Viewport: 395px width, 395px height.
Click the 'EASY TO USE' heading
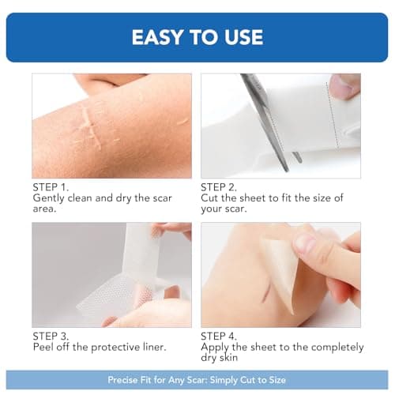tap(197, 37)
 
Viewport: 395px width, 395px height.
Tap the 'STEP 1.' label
tap(51, 187)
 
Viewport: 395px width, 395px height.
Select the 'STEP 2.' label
tap(220, 187)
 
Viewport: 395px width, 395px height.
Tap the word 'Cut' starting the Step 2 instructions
tap(211, 197)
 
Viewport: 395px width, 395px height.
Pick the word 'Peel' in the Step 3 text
tap(44, 348)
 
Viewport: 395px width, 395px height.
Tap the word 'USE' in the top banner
tap(242, 37)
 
